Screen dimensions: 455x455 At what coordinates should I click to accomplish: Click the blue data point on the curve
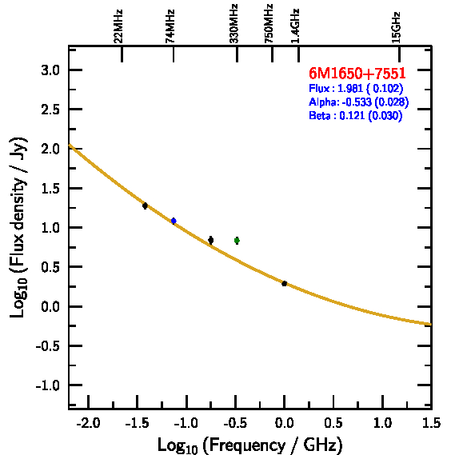click(174, 221)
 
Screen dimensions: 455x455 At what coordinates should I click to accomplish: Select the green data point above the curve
click(237, 240)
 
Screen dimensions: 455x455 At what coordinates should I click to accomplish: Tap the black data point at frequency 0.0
click(285, 284)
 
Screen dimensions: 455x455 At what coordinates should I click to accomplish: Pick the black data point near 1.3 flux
click(145, 206)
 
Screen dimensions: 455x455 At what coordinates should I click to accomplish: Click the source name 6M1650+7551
click(357, 73)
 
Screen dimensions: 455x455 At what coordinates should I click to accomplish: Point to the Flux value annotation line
click(356, 88)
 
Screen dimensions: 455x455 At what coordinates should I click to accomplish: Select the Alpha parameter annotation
click(359, 102)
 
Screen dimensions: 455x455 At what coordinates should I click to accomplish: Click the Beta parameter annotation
click(356, 115)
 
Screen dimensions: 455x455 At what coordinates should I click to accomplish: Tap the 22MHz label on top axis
click(118, 26)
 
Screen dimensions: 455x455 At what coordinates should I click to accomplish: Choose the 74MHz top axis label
click(170, 26)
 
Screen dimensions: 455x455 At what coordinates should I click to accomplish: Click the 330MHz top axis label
click(233, 24)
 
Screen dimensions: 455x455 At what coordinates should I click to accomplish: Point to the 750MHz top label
click(269, 24)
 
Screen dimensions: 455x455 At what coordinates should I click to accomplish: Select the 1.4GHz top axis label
click(295, 26)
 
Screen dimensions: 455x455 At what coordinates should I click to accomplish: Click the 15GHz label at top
click(396, 27)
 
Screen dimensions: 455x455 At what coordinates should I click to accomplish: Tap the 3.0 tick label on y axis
click(50, 70)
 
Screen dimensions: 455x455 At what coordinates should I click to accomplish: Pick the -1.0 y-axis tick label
click(48, 385)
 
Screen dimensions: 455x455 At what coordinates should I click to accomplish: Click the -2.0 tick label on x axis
click(88, 423)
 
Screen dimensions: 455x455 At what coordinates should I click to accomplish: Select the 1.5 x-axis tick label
click(431, 423)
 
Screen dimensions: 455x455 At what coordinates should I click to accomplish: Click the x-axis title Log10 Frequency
click(249, 445)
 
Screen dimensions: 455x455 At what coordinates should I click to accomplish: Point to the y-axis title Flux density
click(18, 227)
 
